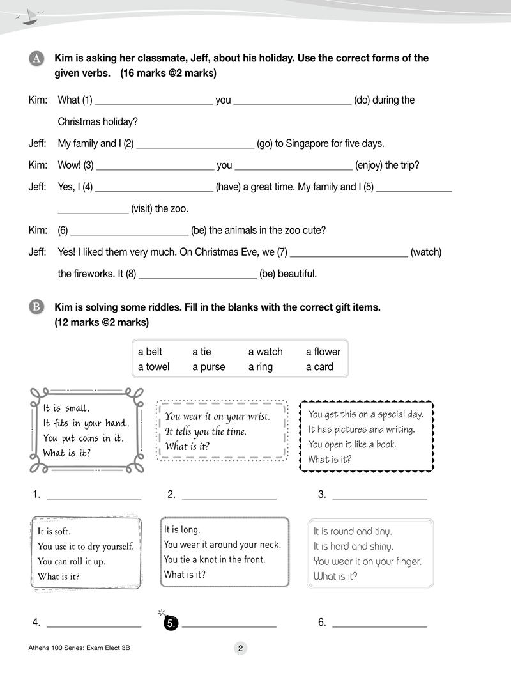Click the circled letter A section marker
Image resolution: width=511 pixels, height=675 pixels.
(36, 59)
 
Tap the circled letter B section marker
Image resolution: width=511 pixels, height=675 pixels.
(36, 307)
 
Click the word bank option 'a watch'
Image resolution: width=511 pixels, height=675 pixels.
(265, 352)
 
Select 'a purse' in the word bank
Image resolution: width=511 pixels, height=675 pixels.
(209, 367)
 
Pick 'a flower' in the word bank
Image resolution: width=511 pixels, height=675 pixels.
(323, 352)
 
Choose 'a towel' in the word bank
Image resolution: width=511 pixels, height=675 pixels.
(154, 367)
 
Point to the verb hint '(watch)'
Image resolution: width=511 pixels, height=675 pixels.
(426, 252)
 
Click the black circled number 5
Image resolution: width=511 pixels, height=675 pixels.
(171, 623)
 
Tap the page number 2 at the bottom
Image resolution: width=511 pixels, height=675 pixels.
(240, 648)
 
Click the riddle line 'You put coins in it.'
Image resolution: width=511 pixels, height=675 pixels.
(84, 438)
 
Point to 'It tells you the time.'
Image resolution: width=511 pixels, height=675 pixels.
(206, 431)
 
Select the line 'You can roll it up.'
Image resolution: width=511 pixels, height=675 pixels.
(72, 561)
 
